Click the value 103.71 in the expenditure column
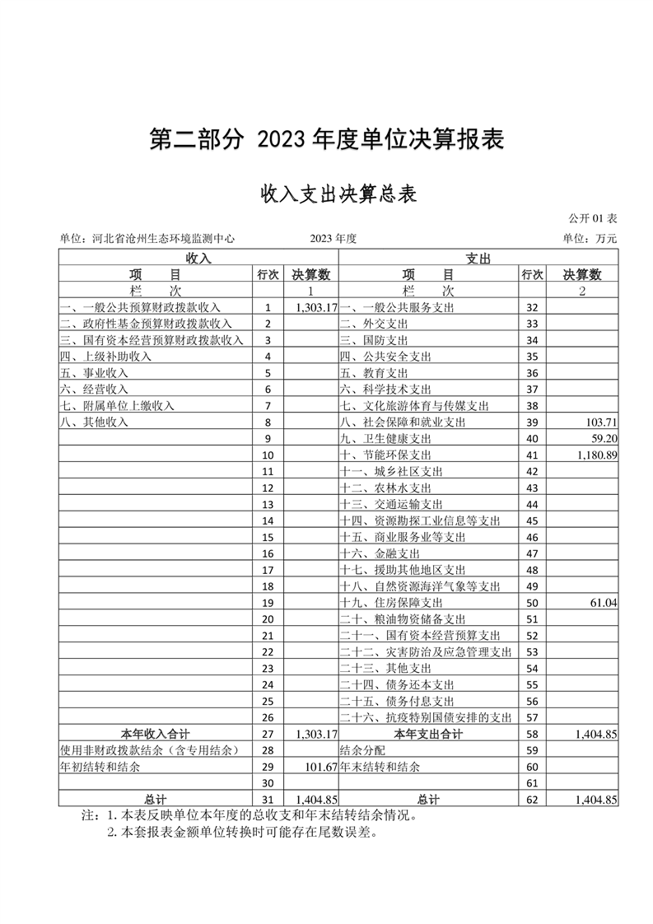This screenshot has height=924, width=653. [x=599, y=422]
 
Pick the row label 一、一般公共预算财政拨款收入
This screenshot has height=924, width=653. [x=140, y=307]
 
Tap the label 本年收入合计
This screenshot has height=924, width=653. [x=155, y=734]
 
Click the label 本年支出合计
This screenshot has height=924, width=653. [x=428, y=734]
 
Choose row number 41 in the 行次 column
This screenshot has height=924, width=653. [x=531, y=455]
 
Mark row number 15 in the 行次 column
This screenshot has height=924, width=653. [x=268, y=538]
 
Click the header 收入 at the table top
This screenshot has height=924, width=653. [x=198, y=259]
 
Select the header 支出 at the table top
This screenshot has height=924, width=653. [x=478, y=259]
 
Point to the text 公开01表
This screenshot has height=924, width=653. [x=593, y=219]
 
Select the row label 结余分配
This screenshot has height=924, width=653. [x=363, y=750]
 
